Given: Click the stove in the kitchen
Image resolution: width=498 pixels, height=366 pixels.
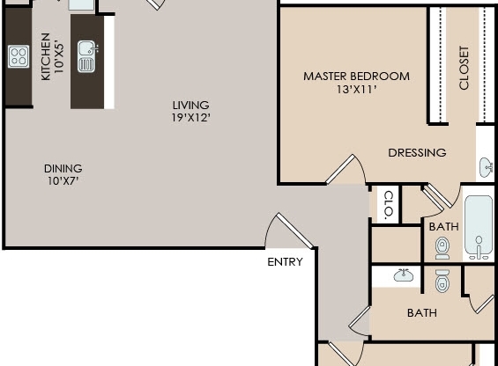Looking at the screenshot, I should pyautogui.click(x=19, y=56).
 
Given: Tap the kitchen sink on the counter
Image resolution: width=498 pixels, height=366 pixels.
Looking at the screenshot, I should pyautogui.click(x=85, y=56).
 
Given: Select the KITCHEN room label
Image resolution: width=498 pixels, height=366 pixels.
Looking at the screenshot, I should pyautogui.click(x=46, y=56).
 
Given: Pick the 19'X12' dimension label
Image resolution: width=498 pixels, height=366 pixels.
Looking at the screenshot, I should pyautogui.click(x=191, y=117).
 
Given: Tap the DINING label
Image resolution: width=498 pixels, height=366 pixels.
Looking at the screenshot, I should pyautogui.click(x=63, y=168).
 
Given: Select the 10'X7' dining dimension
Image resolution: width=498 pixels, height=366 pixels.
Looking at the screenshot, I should pyautogui.click(x=63, y=181).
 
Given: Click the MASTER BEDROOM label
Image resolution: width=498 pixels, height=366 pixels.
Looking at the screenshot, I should pyautogui.click(x=356, y=77).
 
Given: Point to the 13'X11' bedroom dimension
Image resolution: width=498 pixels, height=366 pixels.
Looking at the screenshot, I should pyautogui.click(x=356, y=89).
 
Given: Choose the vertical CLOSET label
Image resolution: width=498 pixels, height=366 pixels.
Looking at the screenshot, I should pyautogui.click(x=464, y=68).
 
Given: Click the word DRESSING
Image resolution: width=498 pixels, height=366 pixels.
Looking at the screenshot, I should pyautogui.click(x=417, y=152).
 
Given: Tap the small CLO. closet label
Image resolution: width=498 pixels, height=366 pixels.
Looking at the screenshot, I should pyautogui.click(x=387, y=205).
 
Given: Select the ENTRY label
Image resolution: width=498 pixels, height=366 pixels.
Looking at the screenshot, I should pyautogui.click(x=285, y=262).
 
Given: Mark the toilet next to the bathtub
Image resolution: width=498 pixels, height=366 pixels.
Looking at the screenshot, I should pyautogui.click(x=442, y=249).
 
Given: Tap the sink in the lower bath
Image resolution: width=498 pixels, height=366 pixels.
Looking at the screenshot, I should pyautogui.click(x=404, y=275).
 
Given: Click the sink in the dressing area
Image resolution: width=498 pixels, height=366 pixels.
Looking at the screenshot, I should pyautogui.click(x=486, y=166).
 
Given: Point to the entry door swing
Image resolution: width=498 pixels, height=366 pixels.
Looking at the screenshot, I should pyautogui.click(x=284, y=231).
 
